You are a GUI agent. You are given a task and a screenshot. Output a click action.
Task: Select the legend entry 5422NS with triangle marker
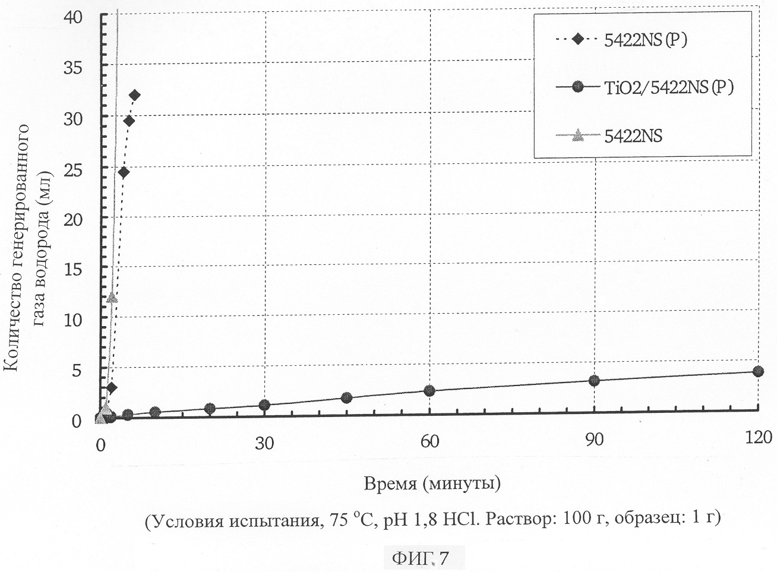(x=633, y=136)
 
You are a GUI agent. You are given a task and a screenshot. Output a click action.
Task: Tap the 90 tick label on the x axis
(x=594, y=440)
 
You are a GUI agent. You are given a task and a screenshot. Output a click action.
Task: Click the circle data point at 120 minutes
(x=757, y=371)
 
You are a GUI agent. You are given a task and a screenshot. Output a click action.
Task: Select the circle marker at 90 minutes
(x=593, y=380)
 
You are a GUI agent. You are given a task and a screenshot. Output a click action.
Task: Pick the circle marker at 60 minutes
(x=429, y=390)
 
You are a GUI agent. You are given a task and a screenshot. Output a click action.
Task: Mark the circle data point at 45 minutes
(x=347, y=397)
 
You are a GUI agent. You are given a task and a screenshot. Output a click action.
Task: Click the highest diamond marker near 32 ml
(x=134, y=95)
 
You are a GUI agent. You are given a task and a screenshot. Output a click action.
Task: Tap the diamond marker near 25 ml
(x=124, y=172)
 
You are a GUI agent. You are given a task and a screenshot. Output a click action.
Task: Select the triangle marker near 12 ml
(x=112, y=297)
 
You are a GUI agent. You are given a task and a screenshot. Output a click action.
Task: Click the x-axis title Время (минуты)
(x=432, y=483)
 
